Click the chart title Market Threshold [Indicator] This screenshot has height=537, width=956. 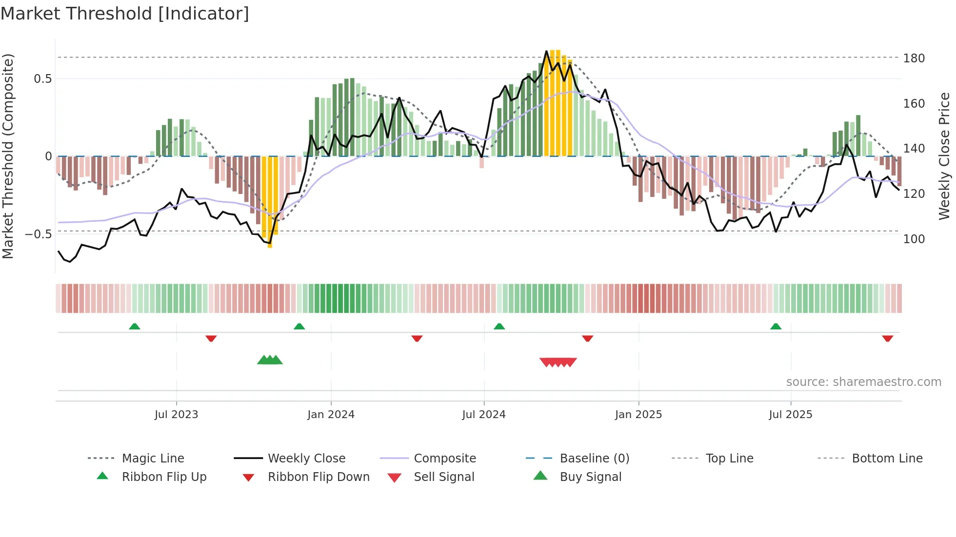coord(125,14)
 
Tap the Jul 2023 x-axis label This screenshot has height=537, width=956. coord(176,415)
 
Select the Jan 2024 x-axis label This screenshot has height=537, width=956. coord(331,415)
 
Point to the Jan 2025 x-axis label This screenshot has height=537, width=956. coord(638,415)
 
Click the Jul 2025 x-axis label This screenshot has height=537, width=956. coord(790,415)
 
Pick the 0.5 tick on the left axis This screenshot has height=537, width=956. coord(42,79)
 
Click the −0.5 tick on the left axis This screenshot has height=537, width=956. coord(39,234)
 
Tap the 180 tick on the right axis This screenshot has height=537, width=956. coord(914,58)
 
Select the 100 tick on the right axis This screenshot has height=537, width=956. coord(914,239)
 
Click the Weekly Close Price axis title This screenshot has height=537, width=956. coord(944,156)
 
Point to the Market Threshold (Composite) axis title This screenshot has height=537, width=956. coord(8,156)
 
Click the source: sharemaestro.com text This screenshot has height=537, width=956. coord(863,382)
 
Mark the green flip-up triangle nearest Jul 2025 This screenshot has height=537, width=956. coord(776,326)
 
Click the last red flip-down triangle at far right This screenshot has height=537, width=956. coord(887,338)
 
